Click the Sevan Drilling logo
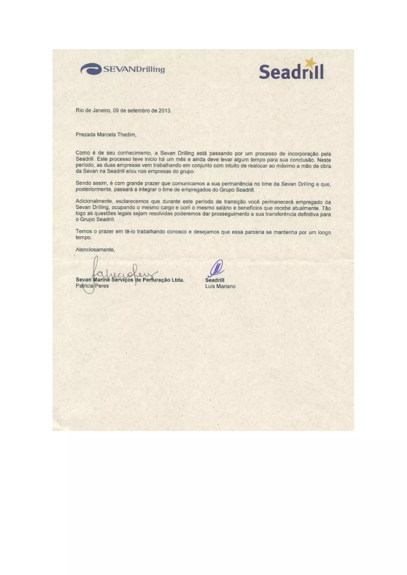tap(123, 69)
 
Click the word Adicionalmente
tap(94, 202)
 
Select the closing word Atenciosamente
tap(95, 250)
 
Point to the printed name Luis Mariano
tap(220, 286)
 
